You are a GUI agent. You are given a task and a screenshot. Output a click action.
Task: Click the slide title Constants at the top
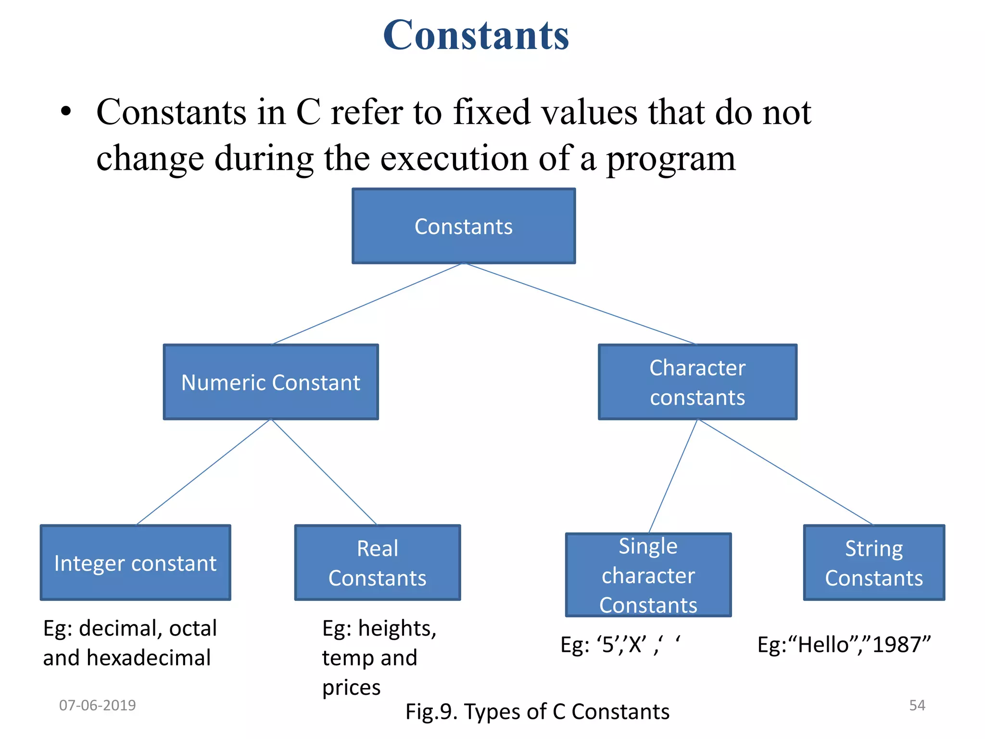pyautogui.click(x=476, y=35)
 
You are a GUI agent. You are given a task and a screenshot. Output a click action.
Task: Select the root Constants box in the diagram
pyautogui.click(x=464, y=226)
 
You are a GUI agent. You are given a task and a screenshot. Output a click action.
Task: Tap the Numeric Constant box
pyautogui.click(x=271, y=382)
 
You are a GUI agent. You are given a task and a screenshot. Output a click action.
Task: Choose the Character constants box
pyautogui.click(x=697, y=382)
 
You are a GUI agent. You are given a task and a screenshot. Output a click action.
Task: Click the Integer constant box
pyautogui.click(x=135, y=563)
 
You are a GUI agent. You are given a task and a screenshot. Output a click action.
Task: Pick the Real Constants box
pyautogui.click(x=378, y=563)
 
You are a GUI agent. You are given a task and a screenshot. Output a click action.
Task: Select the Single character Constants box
pyautogui.click(x=648, y=575)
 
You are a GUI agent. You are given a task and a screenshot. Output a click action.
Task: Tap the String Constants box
pyautogui.click(x=874, y=563)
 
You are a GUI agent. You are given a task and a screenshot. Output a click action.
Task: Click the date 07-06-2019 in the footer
pyautogui.click(x=97, y=705)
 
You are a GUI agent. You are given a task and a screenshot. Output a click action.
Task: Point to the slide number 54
pyautogui.click(x=917, y=705)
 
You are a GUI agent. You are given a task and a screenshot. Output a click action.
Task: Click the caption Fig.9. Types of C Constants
pyautogui.click(x=537, y=712)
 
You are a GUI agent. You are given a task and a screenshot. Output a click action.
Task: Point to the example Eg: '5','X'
pyautogui.click(x=620, y=645)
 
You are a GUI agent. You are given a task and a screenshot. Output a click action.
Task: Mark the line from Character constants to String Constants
pyautogui.click(x=784, y=472)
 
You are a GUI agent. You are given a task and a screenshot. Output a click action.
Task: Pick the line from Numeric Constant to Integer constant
pyautogui.click(x=204, y=472)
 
